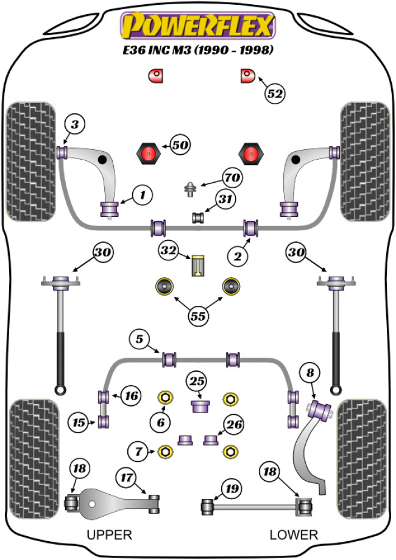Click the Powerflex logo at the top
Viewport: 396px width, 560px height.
[x=198, y=26]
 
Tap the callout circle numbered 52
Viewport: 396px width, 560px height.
[x=275, y=93]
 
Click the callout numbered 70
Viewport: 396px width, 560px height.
[x=232, y=179]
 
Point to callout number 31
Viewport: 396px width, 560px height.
[x=225, y=199]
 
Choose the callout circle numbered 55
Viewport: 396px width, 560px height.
[x=197, y=316]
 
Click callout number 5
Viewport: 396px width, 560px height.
[x=140, y=338]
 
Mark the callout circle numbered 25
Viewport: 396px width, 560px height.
[x=196, y=381]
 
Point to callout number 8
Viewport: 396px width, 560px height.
[x=310, y=372]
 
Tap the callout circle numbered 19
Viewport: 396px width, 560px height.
[x=232, y=488]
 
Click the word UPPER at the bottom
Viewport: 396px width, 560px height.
[x=109, y=535]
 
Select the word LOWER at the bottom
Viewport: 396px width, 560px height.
[x=294, y=535]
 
